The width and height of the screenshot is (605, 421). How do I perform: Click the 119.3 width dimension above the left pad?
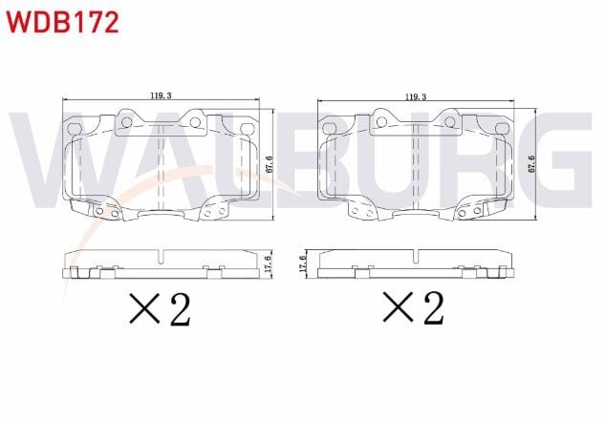(161, 95)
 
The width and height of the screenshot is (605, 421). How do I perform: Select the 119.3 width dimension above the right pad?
(416, 96)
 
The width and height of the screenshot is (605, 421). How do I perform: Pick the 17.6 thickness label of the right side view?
(303, 263)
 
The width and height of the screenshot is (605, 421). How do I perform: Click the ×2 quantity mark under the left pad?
(160, 308)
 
